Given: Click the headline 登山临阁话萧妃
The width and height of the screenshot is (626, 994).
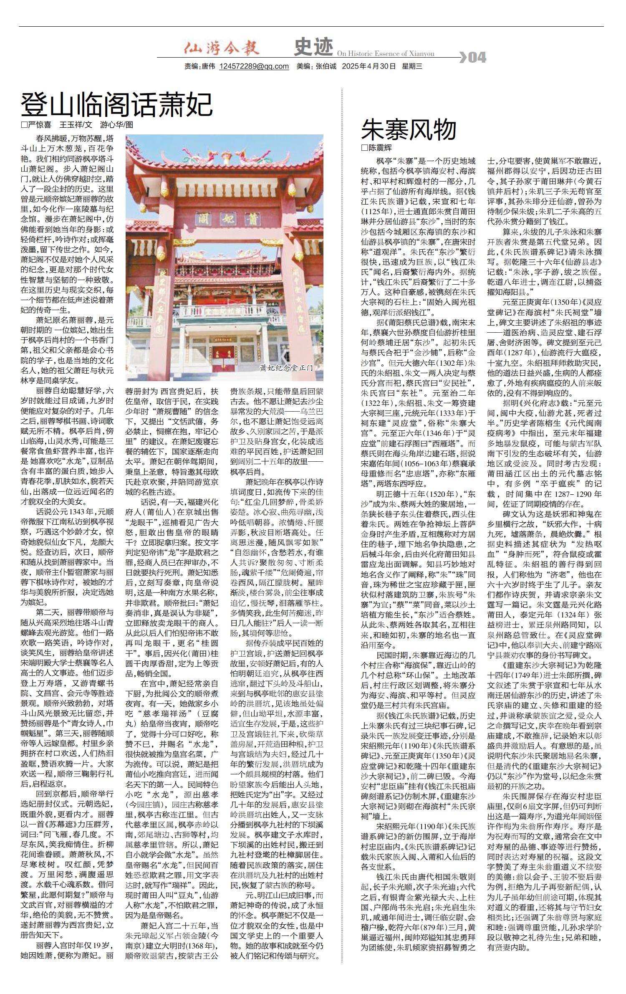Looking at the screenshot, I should point(117,105).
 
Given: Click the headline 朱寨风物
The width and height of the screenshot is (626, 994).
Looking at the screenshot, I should point(409,129).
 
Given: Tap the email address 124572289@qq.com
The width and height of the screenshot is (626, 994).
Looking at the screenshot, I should point(254,66).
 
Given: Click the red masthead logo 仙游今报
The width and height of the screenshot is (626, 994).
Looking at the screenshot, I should point(222,48).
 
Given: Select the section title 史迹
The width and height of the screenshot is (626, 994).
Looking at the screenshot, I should point(313,47).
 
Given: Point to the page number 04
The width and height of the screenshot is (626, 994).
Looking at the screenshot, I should point(477,57).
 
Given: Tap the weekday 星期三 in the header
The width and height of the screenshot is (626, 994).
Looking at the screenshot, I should point(412,66).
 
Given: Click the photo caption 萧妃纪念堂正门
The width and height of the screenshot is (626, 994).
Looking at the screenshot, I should point(286,368).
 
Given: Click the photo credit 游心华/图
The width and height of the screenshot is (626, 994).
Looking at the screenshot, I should point(116,124).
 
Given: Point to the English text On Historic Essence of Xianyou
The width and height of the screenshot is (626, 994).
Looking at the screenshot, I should point(385,54).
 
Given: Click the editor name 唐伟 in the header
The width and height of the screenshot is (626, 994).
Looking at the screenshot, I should point(208,66).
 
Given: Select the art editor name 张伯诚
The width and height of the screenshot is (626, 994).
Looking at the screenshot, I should point(326,66).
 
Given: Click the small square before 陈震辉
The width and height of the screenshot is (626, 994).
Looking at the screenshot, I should point(363,148).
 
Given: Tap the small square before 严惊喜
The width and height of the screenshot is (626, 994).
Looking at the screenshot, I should point(24,124).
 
